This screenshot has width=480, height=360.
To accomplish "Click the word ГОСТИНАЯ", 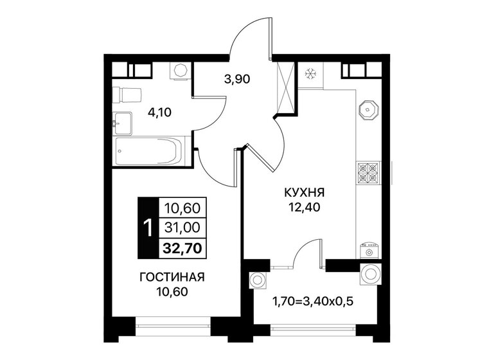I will click(x=172, y=278).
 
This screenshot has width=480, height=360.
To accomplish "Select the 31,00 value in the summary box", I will click(x=182, y=226).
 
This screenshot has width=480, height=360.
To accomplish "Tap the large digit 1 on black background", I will click(x=148, y=226).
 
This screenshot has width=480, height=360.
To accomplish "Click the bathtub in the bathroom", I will click(x=148, y=152).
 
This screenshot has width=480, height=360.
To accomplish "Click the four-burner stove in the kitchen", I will click(x=368, y=171).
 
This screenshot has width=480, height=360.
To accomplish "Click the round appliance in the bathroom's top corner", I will click(x=180, y=70).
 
